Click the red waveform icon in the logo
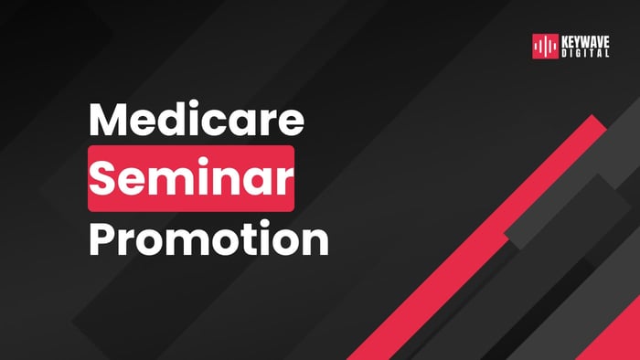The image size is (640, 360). point(546,46)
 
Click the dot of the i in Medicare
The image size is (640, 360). point(202,107)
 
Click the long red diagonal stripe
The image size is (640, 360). point(475,238)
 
